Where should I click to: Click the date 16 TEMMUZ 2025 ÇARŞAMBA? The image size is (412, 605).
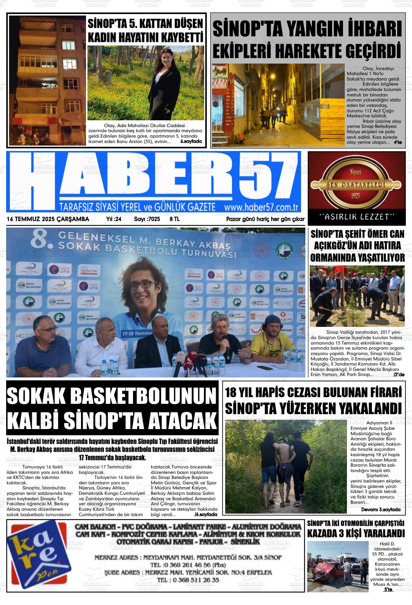(48, 219)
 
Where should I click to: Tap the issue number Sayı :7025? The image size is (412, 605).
(147, 219)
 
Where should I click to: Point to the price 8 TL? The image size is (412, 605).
(175, 219)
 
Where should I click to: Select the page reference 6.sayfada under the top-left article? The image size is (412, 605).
(191, 142)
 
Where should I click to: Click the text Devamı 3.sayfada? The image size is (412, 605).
(381, 509)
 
